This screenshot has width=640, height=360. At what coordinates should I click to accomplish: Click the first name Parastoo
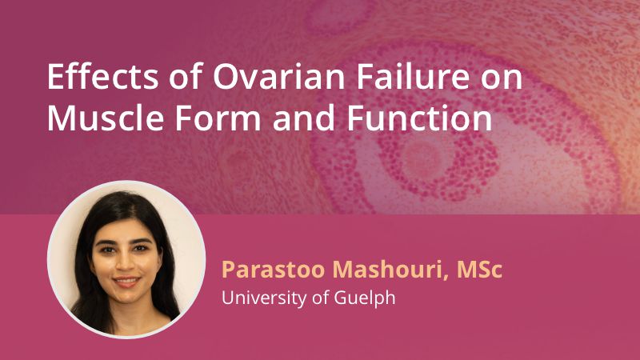click(x=274, y=270)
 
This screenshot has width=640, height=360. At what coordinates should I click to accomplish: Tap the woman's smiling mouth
click(x=126, y=282)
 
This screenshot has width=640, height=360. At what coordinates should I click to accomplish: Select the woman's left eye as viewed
click(x=108, y=249)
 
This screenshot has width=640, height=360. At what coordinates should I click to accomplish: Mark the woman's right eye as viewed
click(x=141, y=248)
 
